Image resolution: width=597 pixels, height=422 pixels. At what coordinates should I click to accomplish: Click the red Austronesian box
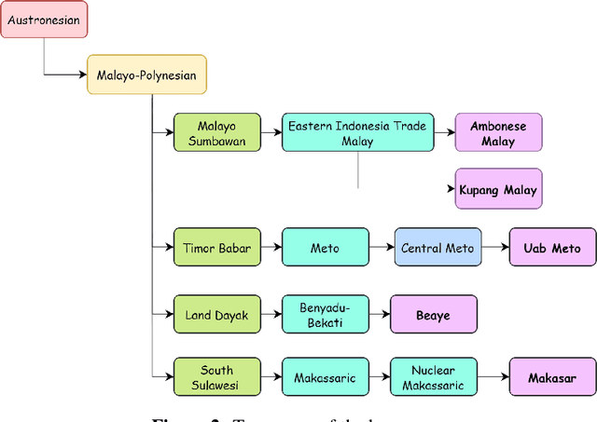(43, 19)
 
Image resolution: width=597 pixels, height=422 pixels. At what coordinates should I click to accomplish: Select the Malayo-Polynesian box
(146, 75)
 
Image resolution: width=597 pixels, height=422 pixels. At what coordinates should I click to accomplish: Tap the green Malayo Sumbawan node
(217, 132)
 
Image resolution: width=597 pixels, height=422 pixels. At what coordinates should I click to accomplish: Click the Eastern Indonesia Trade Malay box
(358, 132)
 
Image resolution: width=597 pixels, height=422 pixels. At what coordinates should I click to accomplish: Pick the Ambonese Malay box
(498, 132)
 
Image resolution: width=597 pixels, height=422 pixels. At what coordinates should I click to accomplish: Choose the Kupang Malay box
(498, 189)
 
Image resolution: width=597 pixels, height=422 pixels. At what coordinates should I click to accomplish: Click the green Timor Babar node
(217, 248)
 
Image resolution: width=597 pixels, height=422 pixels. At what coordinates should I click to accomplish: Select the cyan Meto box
(325, 248)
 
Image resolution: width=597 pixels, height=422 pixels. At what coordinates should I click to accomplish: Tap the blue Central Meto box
(437, 248)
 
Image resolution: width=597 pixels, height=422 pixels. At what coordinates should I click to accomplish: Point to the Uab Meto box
(551, 248)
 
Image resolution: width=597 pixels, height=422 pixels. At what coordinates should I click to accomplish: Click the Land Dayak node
(217, 315)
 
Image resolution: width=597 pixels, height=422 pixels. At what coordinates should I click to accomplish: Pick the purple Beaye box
(434, 315)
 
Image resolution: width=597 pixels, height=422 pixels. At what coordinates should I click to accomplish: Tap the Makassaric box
(325, 378)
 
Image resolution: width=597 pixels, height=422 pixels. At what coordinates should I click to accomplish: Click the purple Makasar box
(551, 378)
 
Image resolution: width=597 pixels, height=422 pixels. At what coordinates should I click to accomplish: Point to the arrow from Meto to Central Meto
(381, 248)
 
